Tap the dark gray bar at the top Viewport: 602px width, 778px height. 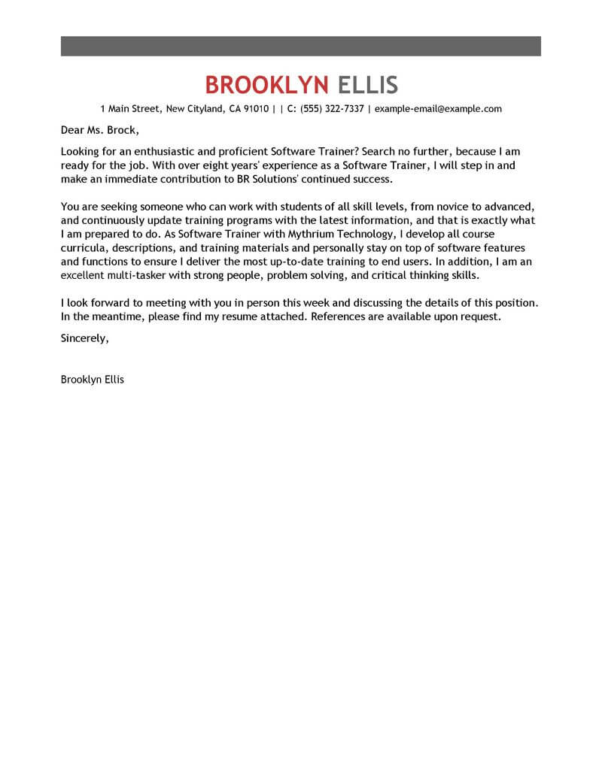301,45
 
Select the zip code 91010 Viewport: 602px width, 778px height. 254,109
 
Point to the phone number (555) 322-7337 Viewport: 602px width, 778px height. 333,109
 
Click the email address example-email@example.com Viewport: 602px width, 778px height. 438,109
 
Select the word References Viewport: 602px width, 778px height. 345,316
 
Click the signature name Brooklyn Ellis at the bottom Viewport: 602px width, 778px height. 93,380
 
